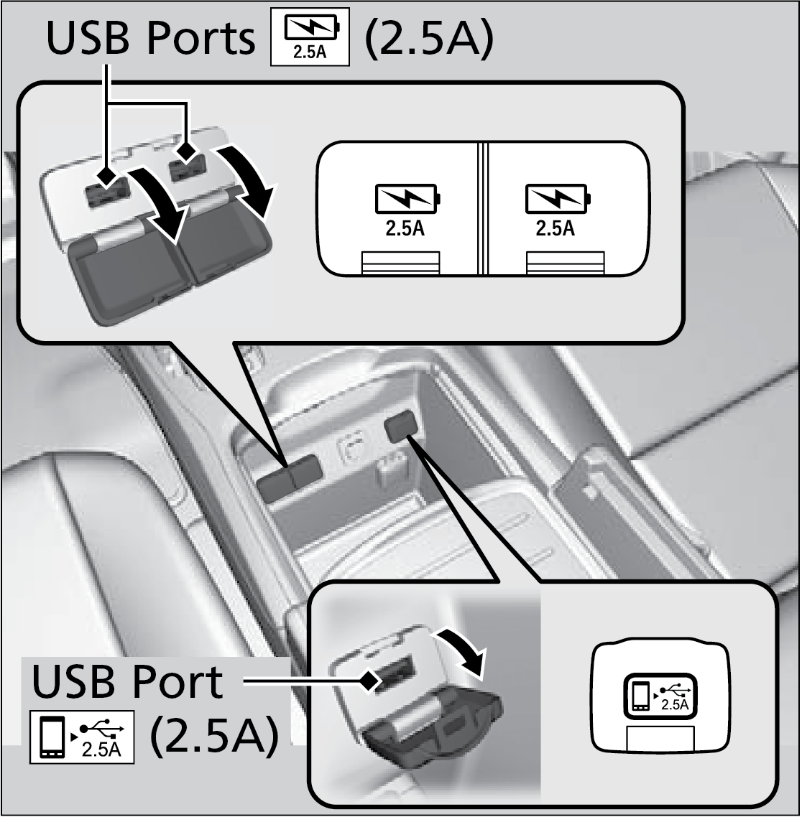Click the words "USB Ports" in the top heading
(x=150, y=39)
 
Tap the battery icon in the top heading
(x=309, y=39)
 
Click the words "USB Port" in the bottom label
(x=127, y=682)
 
